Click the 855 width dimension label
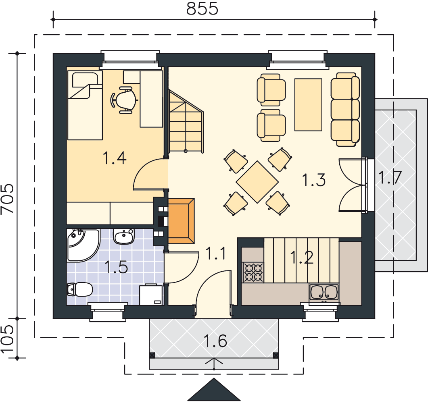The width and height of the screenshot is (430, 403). [202, 8]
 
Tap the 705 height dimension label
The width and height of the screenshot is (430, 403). [7, 198]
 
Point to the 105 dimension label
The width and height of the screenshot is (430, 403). [7, 339]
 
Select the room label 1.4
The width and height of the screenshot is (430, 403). [115, 158]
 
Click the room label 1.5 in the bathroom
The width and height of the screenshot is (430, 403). [116, 267]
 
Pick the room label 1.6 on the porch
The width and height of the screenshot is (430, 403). [215, 341]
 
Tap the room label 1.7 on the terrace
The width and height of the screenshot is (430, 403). [390, 177]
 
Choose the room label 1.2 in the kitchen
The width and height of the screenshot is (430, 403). [302, 258]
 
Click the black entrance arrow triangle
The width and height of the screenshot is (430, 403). [214, 390]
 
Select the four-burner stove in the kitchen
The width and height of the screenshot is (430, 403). [253, 272]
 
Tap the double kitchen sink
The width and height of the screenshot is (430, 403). [324, 293]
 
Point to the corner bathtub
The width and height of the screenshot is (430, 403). [83, 245]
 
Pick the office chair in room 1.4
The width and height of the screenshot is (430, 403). [123, 100]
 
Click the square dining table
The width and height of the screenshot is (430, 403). [257, 182]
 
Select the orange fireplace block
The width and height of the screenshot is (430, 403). [181, 221]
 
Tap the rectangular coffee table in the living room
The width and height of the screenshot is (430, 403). [308, 105]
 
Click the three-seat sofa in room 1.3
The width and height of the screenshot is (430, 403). [345, 110]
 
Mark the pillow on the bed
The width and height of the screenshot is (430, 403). [85, 79]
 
